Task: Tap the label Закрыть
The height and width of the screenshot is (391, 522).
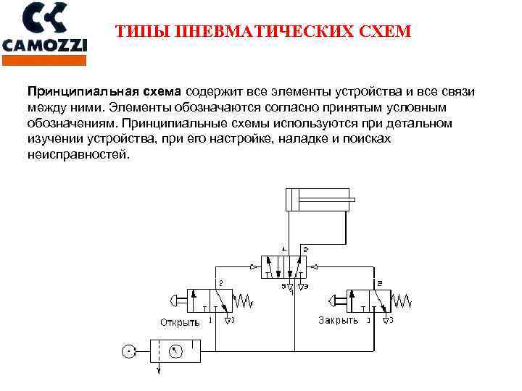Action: (339, 320)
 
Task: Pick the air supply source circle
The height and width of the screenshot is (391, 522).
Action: (128, 351)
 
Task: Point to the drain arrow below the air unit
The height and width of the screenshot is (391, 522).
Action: (159, 371)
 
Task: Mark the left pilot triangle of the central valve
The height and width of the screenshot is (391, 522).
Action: (253, 268)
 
